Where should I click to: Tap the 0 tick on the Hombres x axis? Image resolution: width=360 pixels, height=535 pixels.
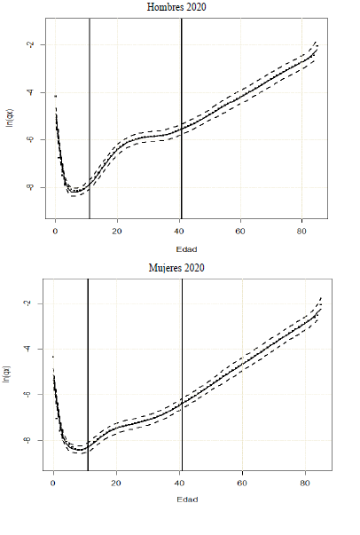coord(55,232)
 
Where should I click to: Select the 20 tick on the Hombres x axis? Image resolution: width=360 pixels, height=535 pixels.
coord(117,232)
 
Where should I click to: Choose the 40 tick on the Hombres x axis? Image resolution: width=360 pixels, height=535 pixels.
coord(178,232)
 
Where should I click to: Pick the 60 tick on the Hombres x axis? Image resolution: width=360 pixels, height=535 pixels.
coord(240,232)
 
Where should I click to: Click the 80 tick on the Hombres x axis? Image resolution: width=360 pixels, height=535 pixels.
coord(301,232)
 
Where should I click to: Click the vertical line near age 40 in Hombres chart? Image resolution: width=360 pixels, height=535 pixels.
coord(181,115)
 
